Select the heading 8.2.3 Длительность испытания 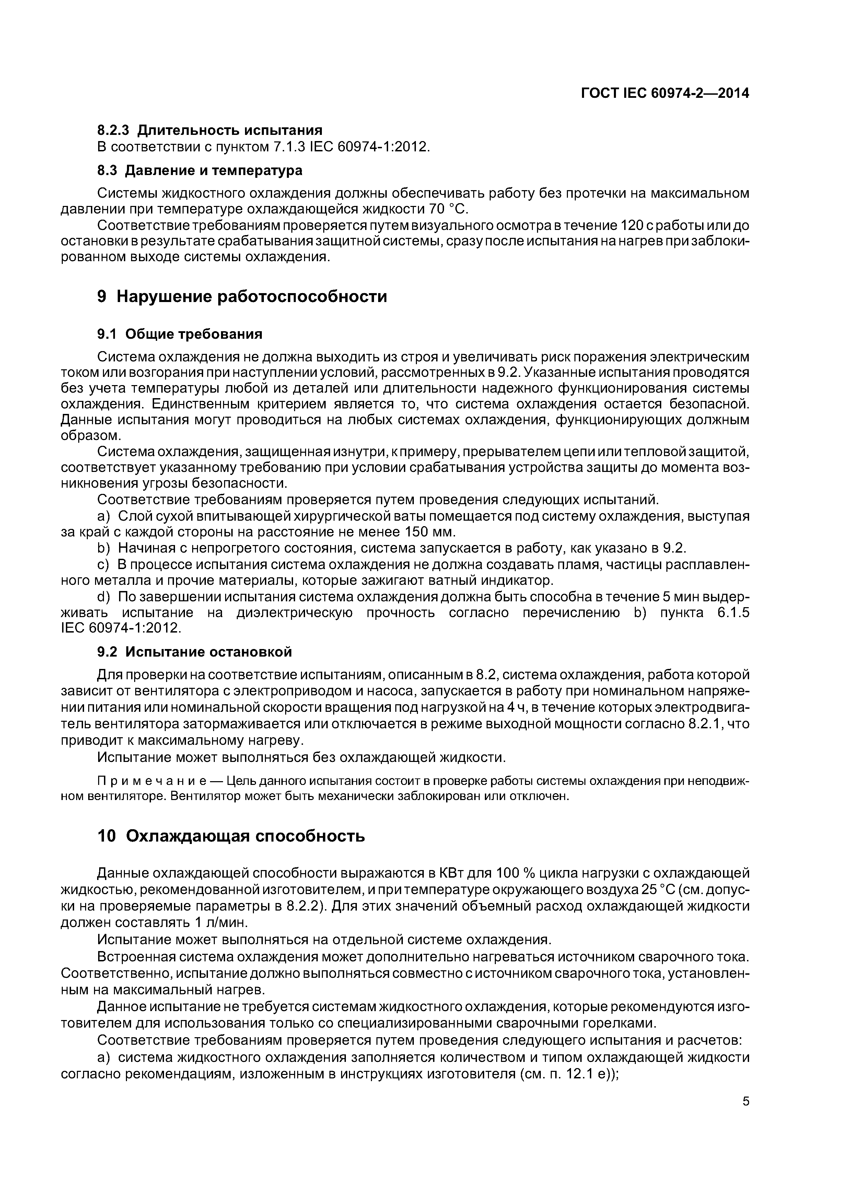click(210, 130)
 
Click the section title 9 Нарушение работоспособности click(242, 297)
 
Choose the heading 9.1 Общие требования click(180, 334)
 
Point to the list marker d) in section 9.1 click(104, 597)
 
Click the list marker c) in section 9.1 click(104, 565)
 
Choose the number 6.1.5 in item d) click(733, 613)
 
